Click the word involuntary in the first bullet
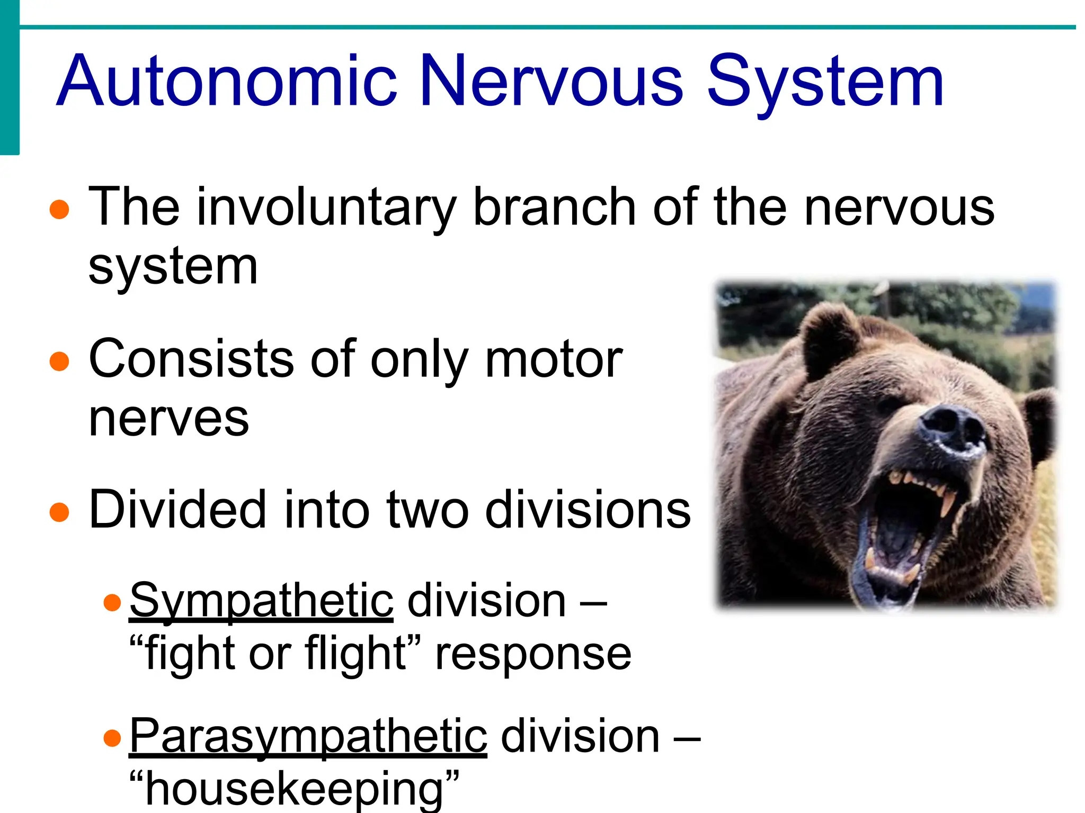[x=326, y=207]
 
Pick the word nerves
[x=168, y=418]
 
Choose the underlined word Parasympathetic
[x=308, y=737]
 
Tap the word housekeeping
[x=294, y=789]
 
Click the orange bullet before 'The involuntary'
[x=59, y=209]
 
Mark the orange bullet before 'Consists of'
[x=59, y=362]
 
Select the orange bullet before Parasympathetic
[x=112, y=738]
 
